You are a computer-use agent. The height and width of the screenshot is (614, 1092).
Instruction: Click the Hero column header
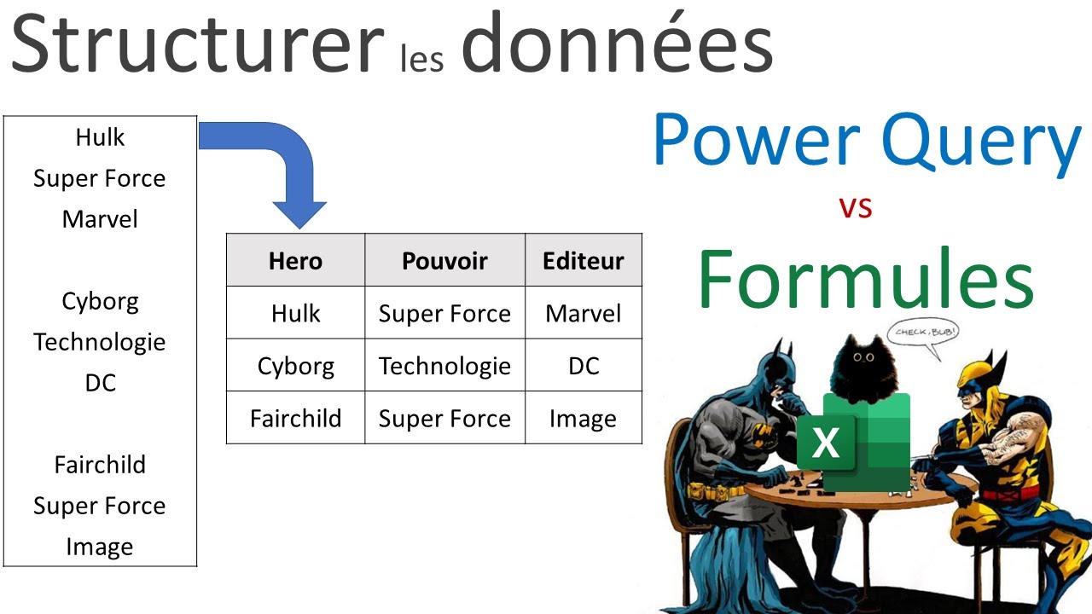(295, 260)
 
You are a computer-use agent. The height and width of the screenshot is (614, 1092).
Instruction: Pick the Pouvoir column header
(444, 260)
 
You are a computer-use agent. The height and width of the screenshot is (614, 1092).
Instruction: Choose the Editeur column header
(584, 260)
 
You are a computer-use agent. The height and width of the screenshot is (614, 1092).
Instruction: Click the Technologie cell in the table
(444, 366)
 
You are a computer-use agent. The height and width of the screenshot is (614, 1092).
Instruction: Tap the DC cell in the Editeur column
(584, 366)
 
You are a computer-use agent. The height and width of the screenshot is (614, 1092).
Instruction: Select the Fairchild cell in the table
(295, 419)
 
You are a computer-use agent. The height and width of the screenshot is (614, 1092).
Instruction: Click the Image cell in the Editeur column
(584, 419)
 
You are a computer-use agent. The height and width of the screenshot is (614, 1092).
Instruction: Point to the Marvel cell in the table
(584, 313)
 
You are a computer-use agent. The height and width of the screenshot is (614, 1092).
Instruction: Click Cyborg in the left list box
(100, 301)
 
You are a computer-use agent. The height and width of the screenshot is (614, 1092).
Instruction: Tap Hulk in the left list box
(100, 137)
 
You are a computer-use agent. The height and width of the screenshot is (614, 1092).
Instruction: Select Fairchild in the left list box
(100, 465)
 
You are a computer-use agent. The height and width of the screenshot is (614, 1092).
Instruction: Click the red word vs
(855, 207)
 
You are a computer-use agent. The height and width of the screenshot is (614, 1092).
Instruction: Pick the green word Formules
(865, 280)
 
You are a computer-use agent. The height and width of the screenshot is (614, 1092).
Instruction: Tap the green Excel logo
(853, 442)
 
